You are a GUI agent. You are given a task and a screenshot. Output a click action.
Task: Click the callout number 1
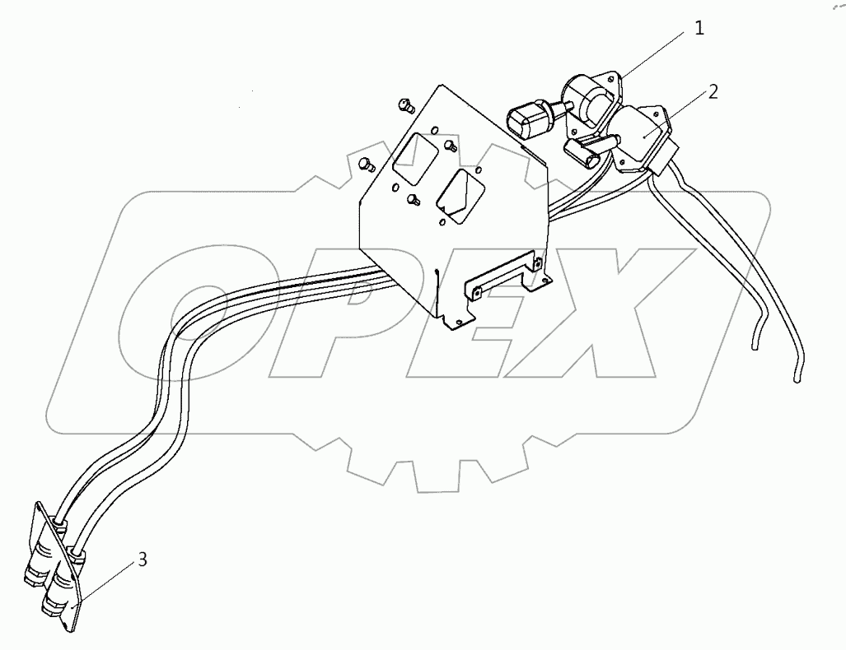(699, 29)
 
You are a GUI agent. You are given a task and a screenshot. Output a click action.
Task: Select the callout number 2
(713, 91)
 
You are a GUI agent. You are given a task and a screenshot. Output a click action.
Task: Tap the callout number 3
(143, 560)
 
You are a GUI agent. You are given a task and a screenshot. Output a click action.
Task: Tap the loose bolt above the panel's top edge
(404, 104)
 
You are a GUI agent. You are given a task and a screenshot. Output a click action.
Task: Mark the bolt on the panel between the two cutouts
(450, 146)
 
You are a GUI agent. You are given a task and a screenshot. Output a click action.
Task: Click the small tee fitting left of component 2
(585, 150)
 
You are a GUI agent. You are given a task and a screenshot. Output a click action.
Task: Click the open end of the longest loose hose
(797, 379)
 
